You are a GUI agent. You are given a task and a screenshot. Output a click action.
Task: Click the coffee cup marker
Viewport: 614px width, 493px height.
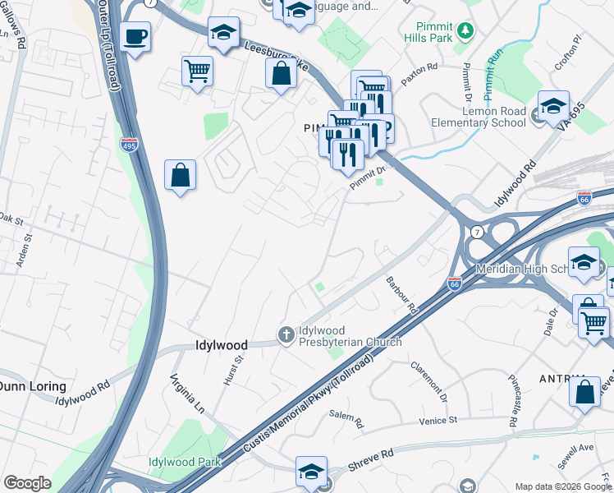[x=135, y=36]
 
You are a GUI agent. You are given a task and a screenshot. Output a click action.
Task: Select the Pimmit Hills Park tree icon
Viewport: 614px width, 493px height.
[x=465, y=30]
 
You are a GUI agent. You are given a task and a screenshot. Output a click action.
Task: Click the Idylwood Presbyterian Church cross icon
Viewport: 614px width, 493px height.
[x=286, y=334]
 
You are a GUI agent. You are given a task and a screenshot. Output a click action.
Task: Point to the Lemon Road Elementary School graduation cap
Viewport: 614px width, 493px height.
[x=553, y=105]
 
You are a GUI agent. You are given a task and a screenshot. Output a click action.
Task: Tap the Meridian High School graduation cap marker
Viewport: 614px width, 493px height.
[x=584, y=263]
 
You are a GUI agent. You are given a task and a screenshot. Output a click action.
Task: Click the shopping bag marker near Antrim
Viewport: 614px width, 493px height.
[x=584, y=391]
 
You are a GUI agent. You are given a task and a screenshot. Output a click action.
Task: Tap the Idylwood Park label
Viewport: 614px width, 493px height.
[x=185, y=462]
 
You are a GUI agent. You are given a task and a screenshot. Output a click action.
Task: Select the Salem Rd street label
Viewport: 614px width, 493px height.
[x=346, y=421]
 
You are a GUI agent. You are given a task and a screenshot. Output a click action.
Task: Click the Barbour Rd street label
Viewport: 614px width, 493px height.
[x=402, y=297]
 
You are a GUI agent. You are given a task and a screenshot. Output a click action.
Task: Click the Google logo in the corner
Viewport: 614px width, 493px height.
[x=27, y=483]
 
